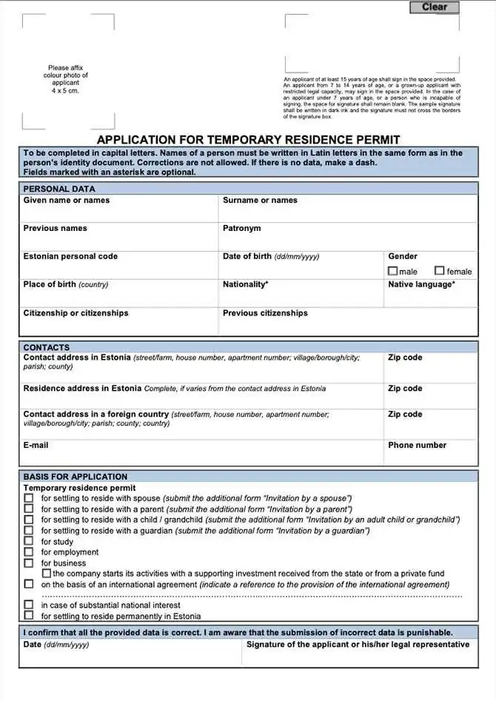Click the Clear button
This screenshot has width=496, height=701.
click(x=435, y=7)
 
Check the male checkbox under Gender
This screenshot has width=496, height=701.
click(x=393, y=272)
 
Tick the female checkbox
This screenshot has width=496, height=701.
click(x=440, y=272)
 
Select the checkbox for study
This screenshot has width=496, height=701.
click(x=29, y=541)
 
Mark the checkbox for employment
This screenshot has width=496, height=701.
click(x=29, y=551)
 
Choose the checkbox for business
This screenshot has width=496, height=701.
click(x=29, y=563)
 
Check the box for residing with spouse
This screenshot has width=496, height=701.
click(x=29, y=499)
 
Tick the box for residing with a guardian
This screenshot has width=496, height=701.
click(x=29, y=531)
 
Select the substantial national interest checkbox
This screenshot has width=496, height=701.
click(x=29, y=605)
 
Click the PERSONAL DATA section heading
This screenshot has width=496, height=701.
click(x=59, y=189)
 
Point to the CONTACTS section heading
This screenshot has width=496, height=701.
click(x=47, y=347)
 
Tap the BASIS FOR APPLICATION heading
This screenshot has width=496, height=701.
click(x=76, y=477)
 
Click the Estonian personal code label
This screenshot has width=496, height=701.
click(x=70, y=256)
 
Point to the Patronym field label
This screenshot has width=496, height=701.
click(x=241, y=228)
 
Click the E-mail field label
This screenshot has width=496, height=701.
click(x=36, y=445)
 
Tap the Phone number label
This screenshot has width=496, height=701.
click(x=417, y=445)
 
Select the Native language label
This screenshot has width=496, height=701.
click(x=421, y=284)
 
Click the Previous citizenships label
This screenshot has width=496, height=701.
click(x=265, y=313)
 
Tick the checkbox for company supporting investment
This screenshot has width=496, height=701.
click(x=47, y=573)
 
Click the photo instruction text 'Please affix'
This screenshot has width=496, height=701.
click(x=65, y=68)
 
